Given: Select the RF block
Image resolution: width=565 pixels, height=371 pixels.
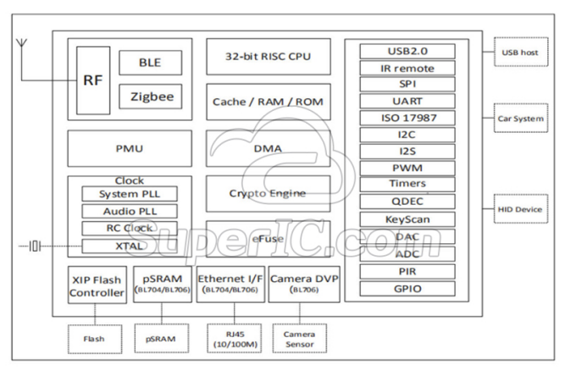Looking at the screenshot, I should (93, 81).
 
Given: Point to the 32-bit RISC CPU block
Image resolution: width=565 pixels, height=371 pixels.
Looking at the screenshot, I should (268, 57).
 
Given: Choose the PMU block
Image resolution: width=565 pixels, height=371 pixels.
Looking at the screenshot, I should (129, 148).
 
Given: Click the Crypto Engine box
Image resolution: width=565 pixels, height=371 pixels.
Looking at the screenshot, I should (268, 193).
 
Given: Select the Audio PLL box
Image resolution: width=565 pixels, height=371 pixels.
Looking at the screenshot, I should (130, 211).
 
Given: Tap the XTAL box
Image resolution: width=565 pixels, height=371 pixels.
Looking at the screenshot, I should (130, 246).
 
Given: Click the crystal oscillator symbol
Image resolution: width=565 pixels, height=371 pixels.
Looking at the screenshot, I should (34, 246).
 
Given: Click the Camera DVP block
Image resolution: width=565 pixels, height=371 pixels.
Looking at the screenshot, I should (303, 284).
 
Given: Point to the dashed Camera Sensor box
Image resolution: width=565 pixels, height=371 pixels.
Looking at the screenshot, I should (299, 338).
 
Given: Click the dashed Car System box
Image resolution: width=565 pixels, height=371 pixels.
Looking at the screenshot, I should (518, 119).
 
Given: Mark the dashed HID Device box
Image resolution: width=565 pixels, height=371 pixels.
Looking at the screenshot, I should (518, 208).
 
